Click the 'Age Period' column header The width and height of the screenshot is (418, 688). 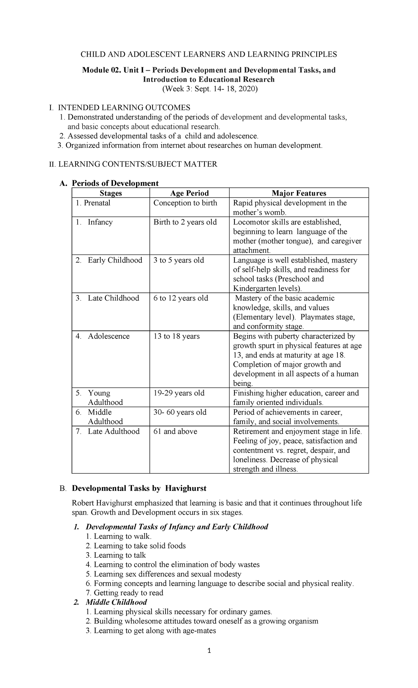tap(189, 193)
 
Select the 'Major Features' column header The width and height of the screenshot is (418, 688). tap(299, 193)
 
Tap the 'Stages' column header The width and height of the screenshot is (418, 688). tap(111, 193)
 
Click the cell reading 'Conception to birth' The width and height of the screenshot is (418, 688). tap(185, 203)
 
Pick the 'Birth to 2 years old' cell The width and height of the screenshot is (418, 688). tap(185, 222)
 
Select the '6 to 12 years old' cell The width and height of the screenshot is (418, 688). tap(180, 298)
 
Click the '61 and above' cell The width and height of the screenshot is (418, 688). tap(175, 431)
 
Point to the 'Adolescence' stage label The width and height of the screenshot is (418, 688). tap(108, 336)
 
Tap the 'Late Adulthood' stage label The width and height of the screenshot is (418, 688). tap(114, 431)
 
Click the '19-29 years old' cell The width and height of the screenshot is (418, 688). tap(179, 393)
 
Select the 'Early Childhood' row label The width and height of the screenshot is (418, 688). tap(115, 260)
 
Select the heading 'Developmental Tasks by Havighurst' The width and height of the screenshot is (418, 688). tap(139, 488)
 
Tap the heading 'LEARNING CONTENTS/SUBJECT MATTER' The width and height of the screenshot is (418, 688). tap(137, 164)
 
